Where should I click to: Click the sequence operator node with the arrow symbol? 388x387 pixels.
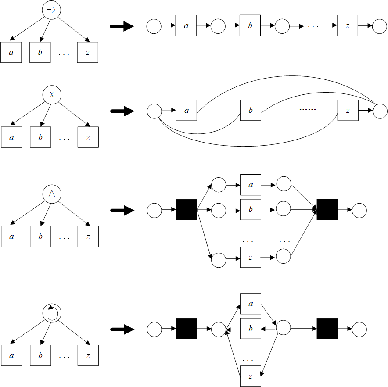(52, 11)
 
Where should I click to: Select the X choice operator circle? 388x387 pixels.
(52, 94)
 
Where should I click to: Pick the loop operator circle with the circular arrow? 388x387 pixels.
(52, 312)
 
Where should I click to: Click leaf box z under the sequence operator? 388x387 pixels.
(88, 53)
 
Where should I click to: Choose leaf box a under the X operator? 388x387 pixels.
(11, 137)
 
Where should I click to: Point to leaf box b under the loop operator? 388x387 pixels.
(40, 355)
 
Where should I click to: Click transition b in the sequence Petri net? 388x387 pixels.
(250, 26)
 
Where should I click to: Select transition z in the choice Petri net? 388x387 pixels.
(348, 111)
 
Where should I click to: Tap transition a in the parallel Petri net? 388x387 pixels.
(250, 185)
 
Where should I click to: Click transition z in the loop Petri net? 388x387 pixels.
(250, 376)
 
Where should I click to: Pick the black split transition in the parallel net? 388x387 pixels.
(186, 210)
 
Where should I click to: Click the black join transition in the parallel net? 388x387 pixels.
(327, 210)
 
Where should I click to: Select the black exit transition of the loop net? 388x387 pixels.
(327, 329)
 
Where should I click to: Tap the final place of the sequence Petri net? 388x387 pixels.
(379, 26)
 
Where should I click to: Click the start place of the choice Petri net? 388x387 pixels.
(154, 111)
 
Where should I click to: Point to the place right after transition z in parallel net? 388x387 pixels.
(284, 257)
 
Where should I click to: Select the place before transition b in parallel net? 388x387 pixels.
(218, 210)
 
